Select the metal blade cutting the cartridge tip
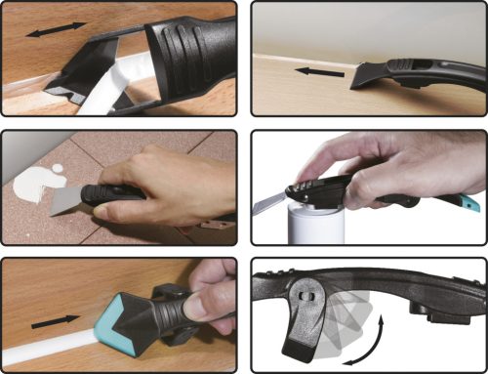pyautogui.click(x=269, y=203)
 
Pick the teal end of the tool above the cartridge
pyautogui.click(x=470, y=203)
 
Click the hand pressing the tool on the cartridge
pyautogui.click(x=390, y=161)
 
